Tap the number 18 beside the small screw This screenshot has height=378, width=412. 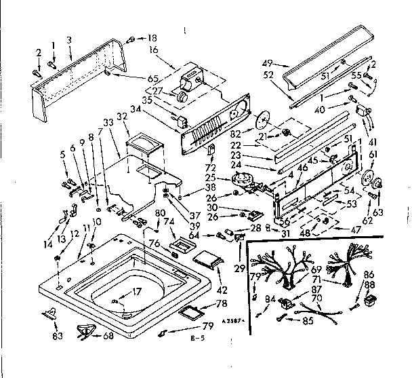point(152,38)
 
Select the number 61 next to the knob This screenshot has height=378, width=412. point(372,155)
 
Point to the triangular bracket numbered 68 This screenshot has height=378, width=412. point(85,330)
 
